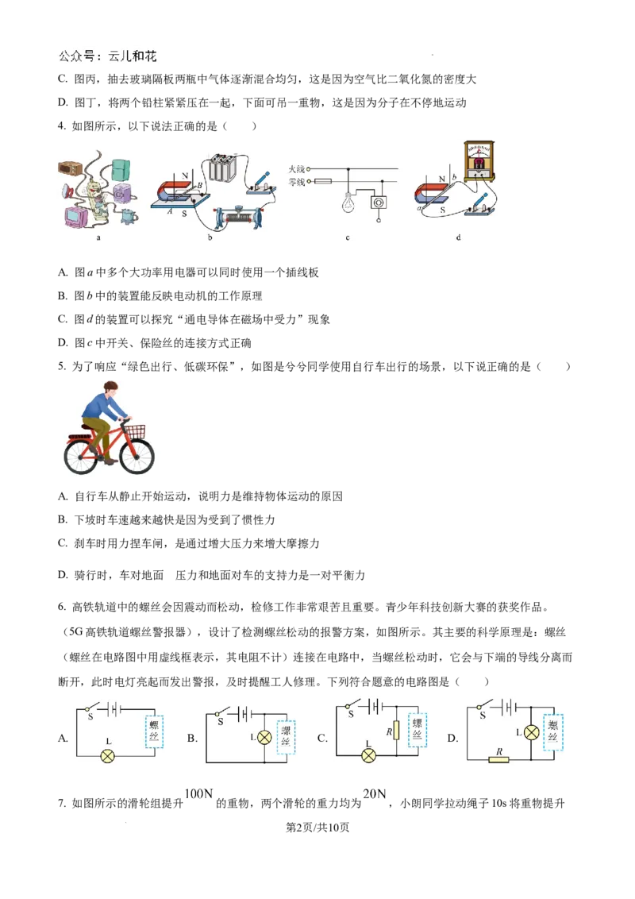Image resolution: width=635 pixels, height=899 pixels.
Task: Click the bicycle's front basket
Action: tap(136, 430)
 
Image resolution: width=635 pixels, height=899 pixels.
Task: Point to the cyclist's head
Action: tap(111, 389)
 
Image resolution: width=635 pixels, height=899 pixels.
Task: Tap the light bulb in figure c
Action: tap(347, 202)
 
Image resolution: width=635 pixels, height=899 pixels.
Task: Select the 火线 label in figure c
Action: tap(298, 168)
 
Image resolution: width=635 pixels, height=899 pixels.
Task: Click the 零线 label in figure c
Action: tap(298, 182)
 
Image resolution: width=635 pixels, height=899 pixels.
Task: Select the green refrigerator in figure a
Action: tap(121, 169)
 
